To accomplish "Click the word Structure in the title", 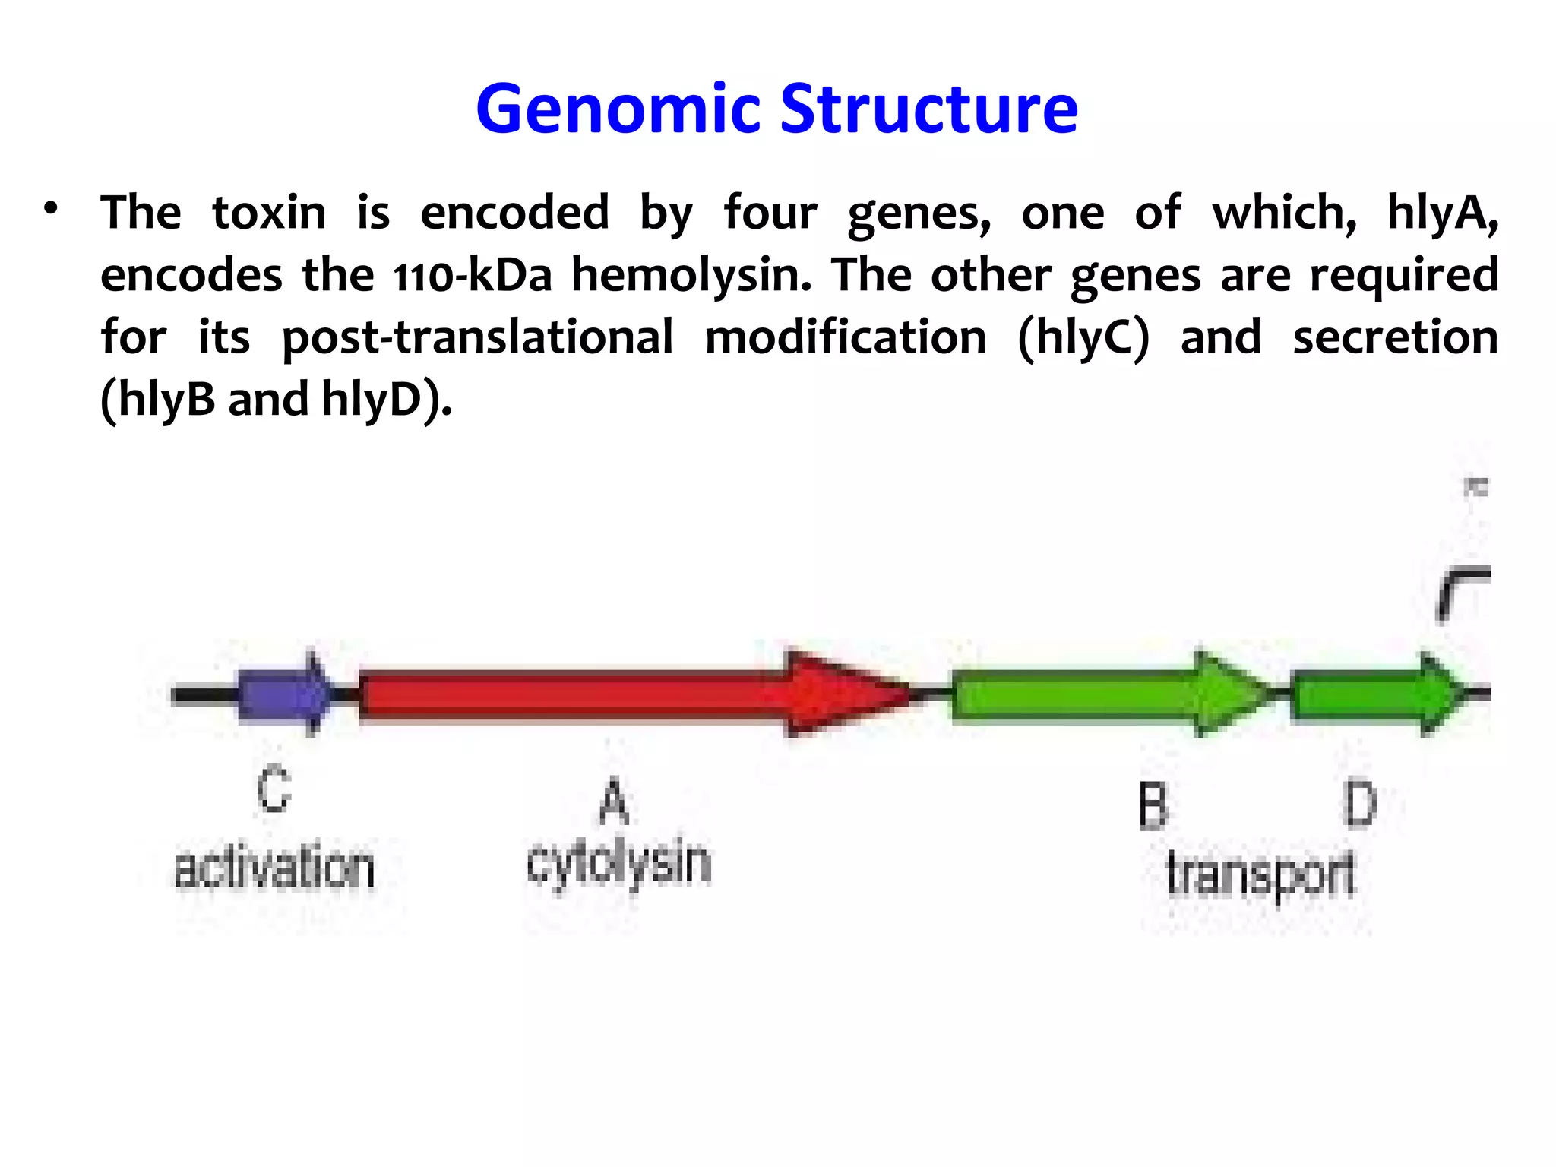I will (x=928, y=110).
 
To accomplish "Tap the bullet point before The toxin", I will (x=51, y=208).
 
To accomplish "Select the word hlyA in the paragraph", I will (x=1441, y=213).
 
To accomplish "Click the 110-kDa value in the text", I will (x=472, y=275).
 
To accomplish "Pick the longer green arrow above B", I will (x=1102, y=693).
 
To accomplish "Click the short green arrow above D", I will (x=1375, y=693).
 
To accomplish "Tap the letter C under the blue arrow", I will (x=274, y=790).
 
